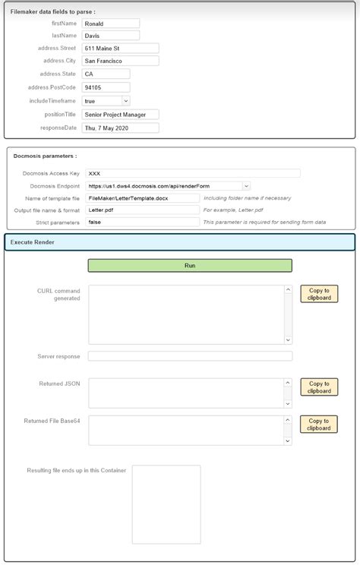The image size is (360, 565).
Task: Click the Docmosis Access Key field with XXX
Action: pos(192,173)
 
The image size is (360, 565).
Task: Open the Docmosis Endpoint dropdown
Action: pos(168,185)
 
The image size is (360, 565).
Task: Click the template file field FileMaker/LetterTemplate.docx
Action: pos(142,198)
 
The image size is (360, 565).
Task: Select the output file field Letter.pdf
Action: pos(142,210)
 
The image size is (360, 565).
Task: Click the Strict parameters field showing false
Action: pos(142,223)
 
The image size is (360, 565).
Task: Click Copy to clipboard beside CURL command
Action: pos(319,294)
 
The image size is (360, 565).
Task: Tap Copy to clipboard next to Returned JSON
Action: pos(319,387)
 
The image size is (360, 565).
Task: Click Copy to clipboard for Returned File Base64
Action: pos(319,425)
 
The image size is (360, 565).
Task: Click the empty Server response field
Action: pos(190,356)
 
